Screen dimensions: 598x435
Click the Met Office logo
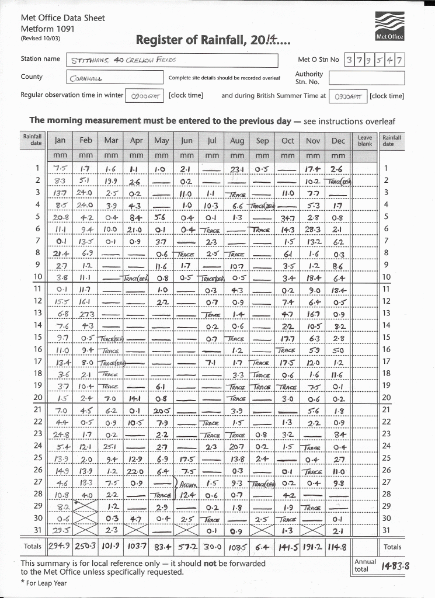389,27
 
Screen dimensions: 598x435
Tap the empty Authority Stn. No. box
366,78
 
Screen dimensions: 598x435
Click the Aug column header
237,141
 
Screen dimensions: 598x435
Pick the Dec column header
338,141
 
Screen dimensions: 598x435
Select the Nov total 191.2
312,547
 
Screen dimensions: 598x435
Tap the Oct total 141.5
287,547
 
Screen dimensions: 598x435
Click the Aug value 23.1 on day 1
237,168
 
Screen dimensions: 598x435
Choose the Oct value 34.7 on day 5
287,217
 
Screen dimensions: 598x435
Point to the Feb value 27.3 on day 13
86,314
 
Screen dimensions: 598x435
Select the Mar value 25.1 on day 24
111,446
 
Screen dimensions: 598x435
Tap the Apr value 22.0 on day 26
136,470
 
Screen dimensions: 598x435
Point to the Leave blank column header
365,140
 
